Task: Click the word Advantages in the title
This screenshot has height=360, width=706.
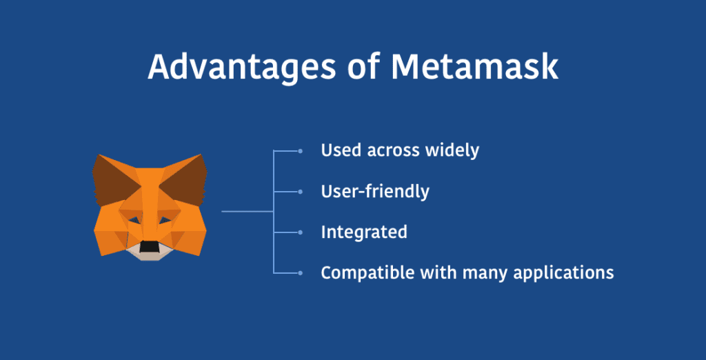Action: click(x=241, y=68)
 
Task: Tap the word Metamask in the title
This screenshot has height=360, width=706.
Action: click(x=474, y=67)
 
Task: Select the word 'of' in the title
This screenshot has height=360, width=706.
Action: click(x=363, y=67)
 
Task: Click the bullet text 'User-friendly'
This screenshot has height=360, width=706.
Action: click(x=375, y=192)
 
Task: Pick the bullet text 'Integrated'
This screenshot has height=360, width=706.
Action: click(x=364, y=232)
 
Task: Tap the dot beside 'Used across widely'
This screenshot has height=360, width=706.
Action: click(x=301, y=151)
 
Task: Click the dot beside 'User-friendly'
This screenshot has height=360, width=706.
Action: click(x=301, y=192)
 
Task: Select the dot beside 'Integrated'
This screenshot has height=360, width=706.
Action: click(x=301, y=232)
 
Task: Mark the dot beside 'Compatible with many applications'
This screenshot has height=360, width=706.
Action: click(x=301, y=272)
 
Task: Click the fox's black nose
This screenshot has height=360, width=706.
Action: click(x=150, y=246)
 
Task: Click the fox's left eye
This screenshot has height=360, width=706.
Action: click(x=134, y=220)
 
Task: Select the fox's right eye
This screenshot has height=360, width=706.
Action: click(x=165, y=220)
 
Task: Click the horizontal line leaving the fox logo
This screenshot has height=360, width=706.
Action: click(x=248, y=211)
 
